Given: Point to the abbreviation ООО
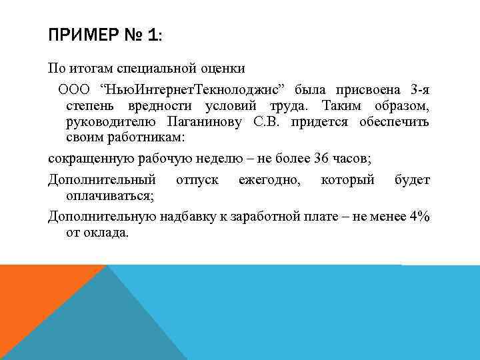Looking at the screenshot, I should [x=75, y=89].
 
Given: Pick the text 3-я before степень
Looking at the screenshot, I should [x=419, y=89].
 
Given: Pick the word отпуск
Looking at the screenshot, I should [x=197, y=180].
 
